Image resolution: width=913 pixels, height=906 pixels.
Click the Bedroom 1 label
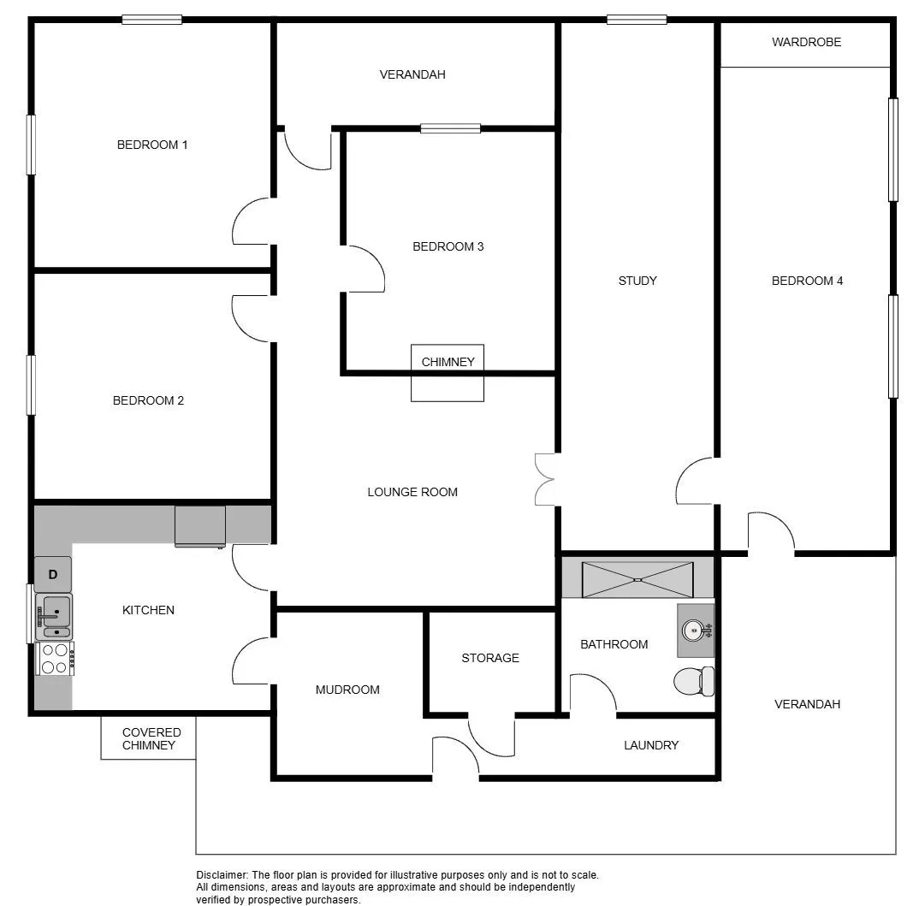tap(152, 145)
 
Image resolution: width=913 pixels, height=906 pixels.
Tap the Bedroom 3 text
tap(448, 247)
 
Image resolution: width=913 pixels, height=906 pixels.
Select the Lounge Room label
tap(412, 493)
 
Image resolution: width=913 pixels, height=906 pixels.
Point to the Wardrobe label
tap(806, 42)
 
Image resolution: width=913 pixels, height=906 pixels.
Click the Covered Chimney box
tap(149, 737)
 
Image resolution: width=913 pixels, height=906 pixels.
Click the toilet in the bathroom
tap(693, 681)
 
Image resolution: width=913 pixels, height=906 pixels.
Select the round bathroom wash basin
tap(693, 630)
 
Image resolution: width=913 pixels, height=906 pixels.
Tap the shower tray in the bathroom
tap(637, 579)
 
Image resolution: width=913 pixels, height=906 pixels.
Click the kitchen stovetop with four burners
tap(55, 659)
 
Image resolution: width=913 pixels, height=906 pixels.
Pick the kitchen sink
tap(54, 617)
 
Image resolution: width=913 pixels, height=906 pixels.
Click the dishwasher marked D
tap(53, 575)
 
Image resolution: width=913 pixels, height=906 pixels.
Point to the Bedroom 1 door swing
tap(251, 222)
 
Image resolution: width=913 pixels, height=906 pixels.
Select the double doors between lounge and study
tap(545, 479)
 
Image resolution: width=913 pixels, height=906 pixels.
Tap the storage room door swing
tap(491, 737)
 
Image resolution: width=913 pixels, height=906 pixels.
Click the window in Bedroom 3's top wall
tap(451, 128)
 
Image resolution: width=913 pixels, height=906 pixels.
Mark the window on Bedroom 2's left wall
tap(31, 386)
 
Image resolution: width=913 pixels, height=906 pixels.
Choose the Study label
tap(637, 281)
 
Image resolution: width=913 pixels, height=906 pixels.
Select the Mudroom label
tap(347, 690)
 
